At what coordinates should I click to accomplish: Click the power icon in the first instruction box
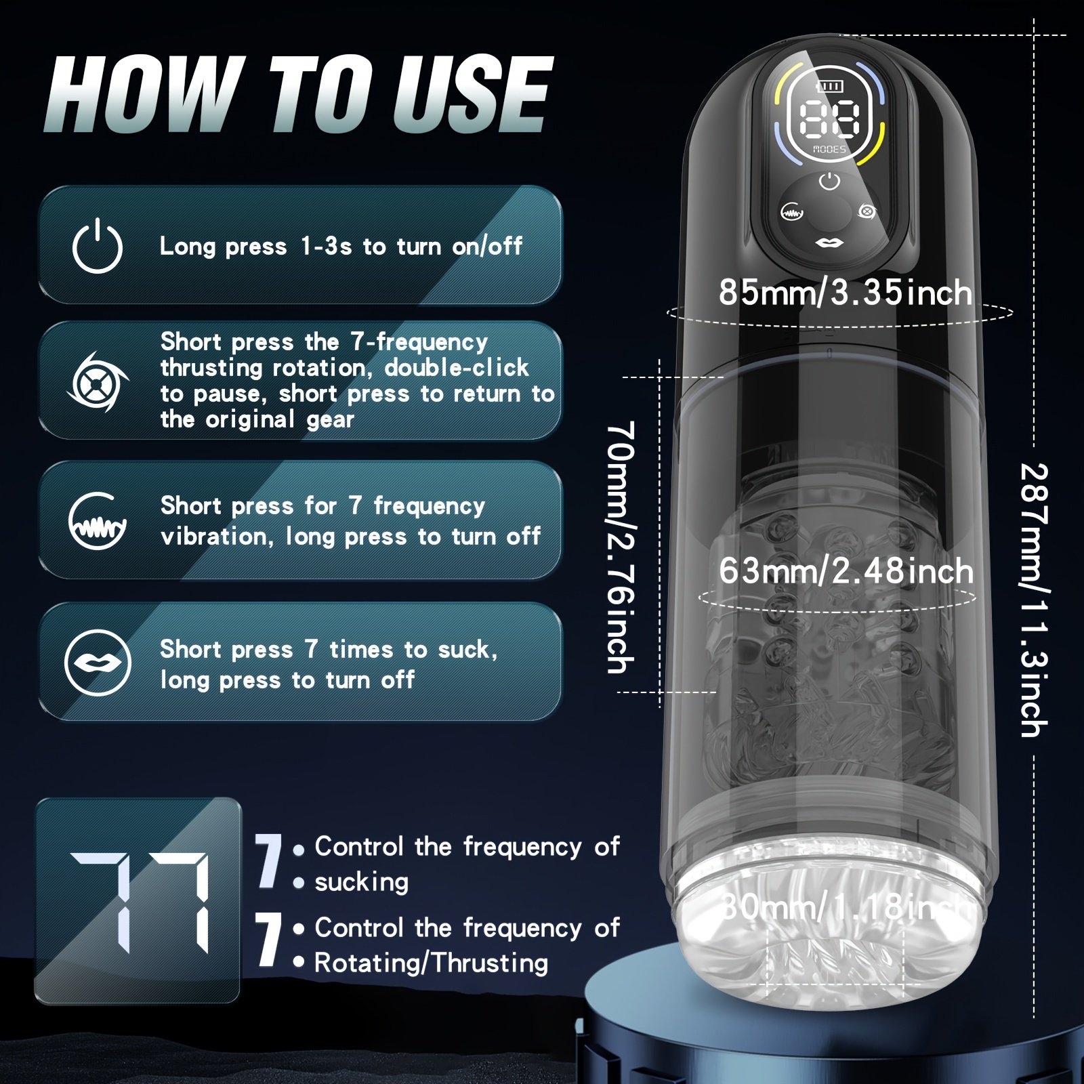click(x=97, y=246)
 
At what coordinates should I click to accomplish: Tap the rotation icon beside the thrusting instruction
click(x=97, y=381)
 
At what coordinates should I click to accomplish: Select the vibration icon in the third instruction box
click(x=98, y=520)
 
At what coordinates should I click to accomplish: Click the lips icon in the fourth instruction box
click(x=98, y=662)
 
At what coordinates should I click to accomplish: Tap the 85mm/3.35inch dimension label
click(x=846, y=293)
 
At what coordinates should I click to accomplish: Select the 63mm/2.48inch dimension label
click(x=846, y=570)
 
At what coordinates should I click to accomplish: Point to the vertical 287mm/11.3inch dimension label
click(x=1035, y=600)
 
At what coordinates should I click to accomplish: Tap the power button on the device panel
click(x=829, y=182)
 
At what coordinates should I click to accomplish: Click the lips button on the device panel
click(x=829, y=243)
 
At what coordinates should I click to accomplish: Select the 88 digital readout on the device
click(x=829, y=120)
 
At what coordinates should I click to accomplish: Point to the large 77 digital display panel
click(x=138, y=900)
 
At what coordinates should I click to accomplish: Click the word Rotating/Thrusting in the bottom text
click(x=431, y=963)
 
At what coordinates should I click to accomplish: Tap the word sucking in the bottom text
click(x=362, y=882)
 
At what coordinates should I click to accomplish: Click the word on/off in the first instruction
click(x=487, y=246)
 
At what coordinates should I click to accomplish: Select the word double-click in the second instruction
click(x=457, y=367)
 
